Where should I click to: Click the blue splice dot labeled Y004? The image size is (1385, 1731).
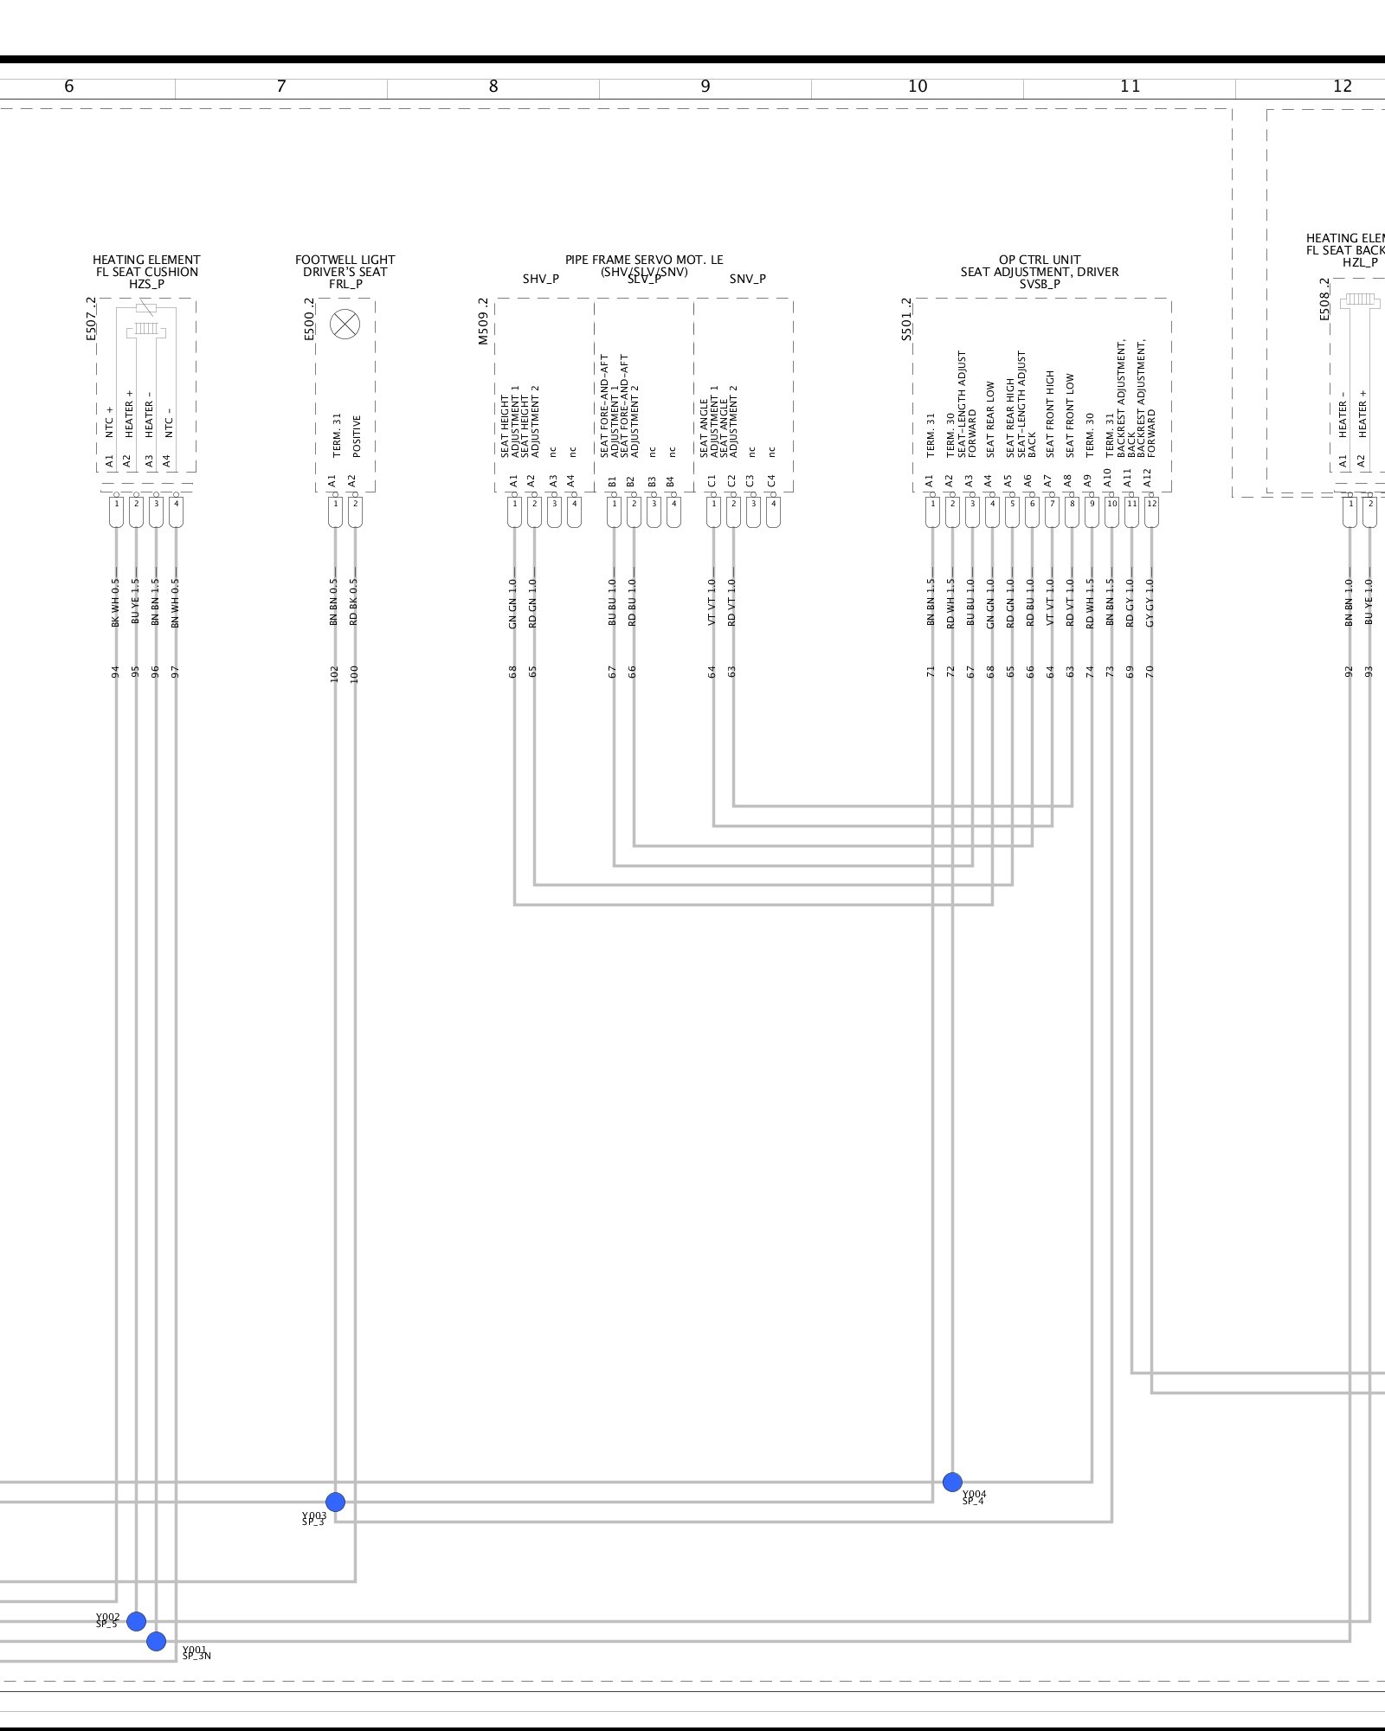(952, 1482)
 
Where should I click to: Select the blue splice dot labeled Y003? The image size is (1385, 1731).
(335, 1502)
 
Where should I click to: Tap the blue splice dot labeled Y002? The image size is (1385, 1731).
(136, 1621)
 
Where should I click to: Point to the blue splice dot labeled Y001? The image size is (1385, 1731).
(156, 1641)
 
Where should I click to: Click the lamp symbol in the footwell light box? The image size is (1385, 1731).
(345, 325)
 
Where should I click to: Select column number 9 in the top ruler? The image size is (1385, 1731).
(705, 87)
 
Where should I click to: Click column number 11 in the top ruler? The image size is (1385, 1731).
(1130, 87)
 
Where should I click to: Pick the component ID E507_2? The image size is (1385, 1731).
(92, 319)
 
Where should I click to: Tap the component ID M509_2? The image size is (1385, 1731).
(484, 321)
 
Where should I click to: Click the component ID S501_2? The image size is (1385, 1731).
(906, 319)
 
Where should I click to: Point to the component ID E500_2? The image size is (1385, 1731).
(309, 319)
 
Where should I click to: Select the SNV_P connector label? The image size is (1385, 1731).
(747, 279)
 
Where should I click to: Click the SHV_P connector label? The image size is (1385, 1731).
(540, 279)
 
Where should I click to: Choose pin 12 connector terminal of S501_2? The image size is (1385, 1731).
(1151, 512)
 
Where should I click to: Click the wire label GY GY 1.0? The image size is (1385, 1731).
(1150, 602)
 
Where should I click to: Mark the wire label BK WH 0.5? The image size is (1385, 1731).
(116, 602)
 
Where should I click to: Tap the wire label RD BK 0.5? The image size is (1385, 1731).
(354, 602)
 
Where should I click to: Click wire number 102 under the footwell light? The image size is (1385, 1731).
(334, 673)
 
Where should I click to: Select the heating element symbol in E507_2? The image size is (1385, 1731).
(145, 329)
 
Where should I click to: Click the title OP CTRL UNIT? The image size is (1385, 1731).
(1039, 260)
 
